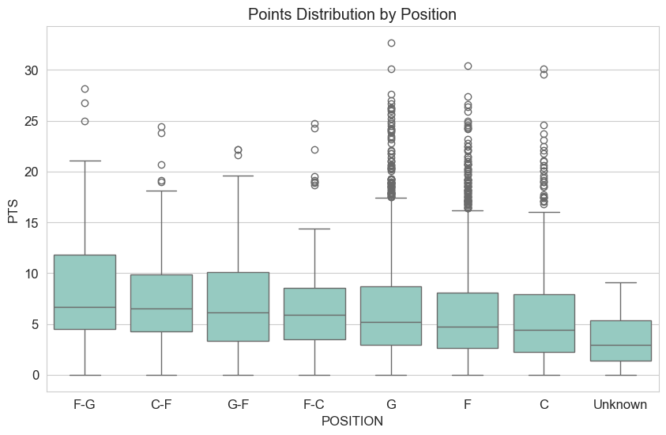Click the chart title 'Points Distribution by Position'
click(x=352, y=14)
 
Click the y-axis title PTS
click(x=14, y=209)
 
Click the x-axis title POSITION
click(x=352, y=422)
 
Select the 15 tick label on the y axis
click(x=31, y=222)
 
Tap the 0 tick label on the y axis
click(x=35, y=375)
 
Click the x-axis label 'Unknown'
click(x=620, y=404)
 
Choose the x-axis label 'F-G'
click(x=85, y=404)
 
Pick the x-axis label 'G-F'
click(x=238, y=404)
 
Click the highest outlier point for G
click(x=391, y=43)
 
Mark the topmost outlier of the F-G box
click(x=85, y=89)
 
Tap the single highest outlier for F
click(x=468, y=66)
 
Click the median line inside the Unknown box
click(x=620, y=345)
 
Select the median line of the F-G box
click(x=85, y=307)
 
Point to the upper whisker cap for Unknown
click(x=620, y=282)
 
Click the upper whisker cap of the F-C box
click(x=314, y=229)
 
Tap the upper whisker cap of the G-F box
click(x=238, y=176)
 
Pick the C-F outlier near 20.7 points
click(x=161, y=165)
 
